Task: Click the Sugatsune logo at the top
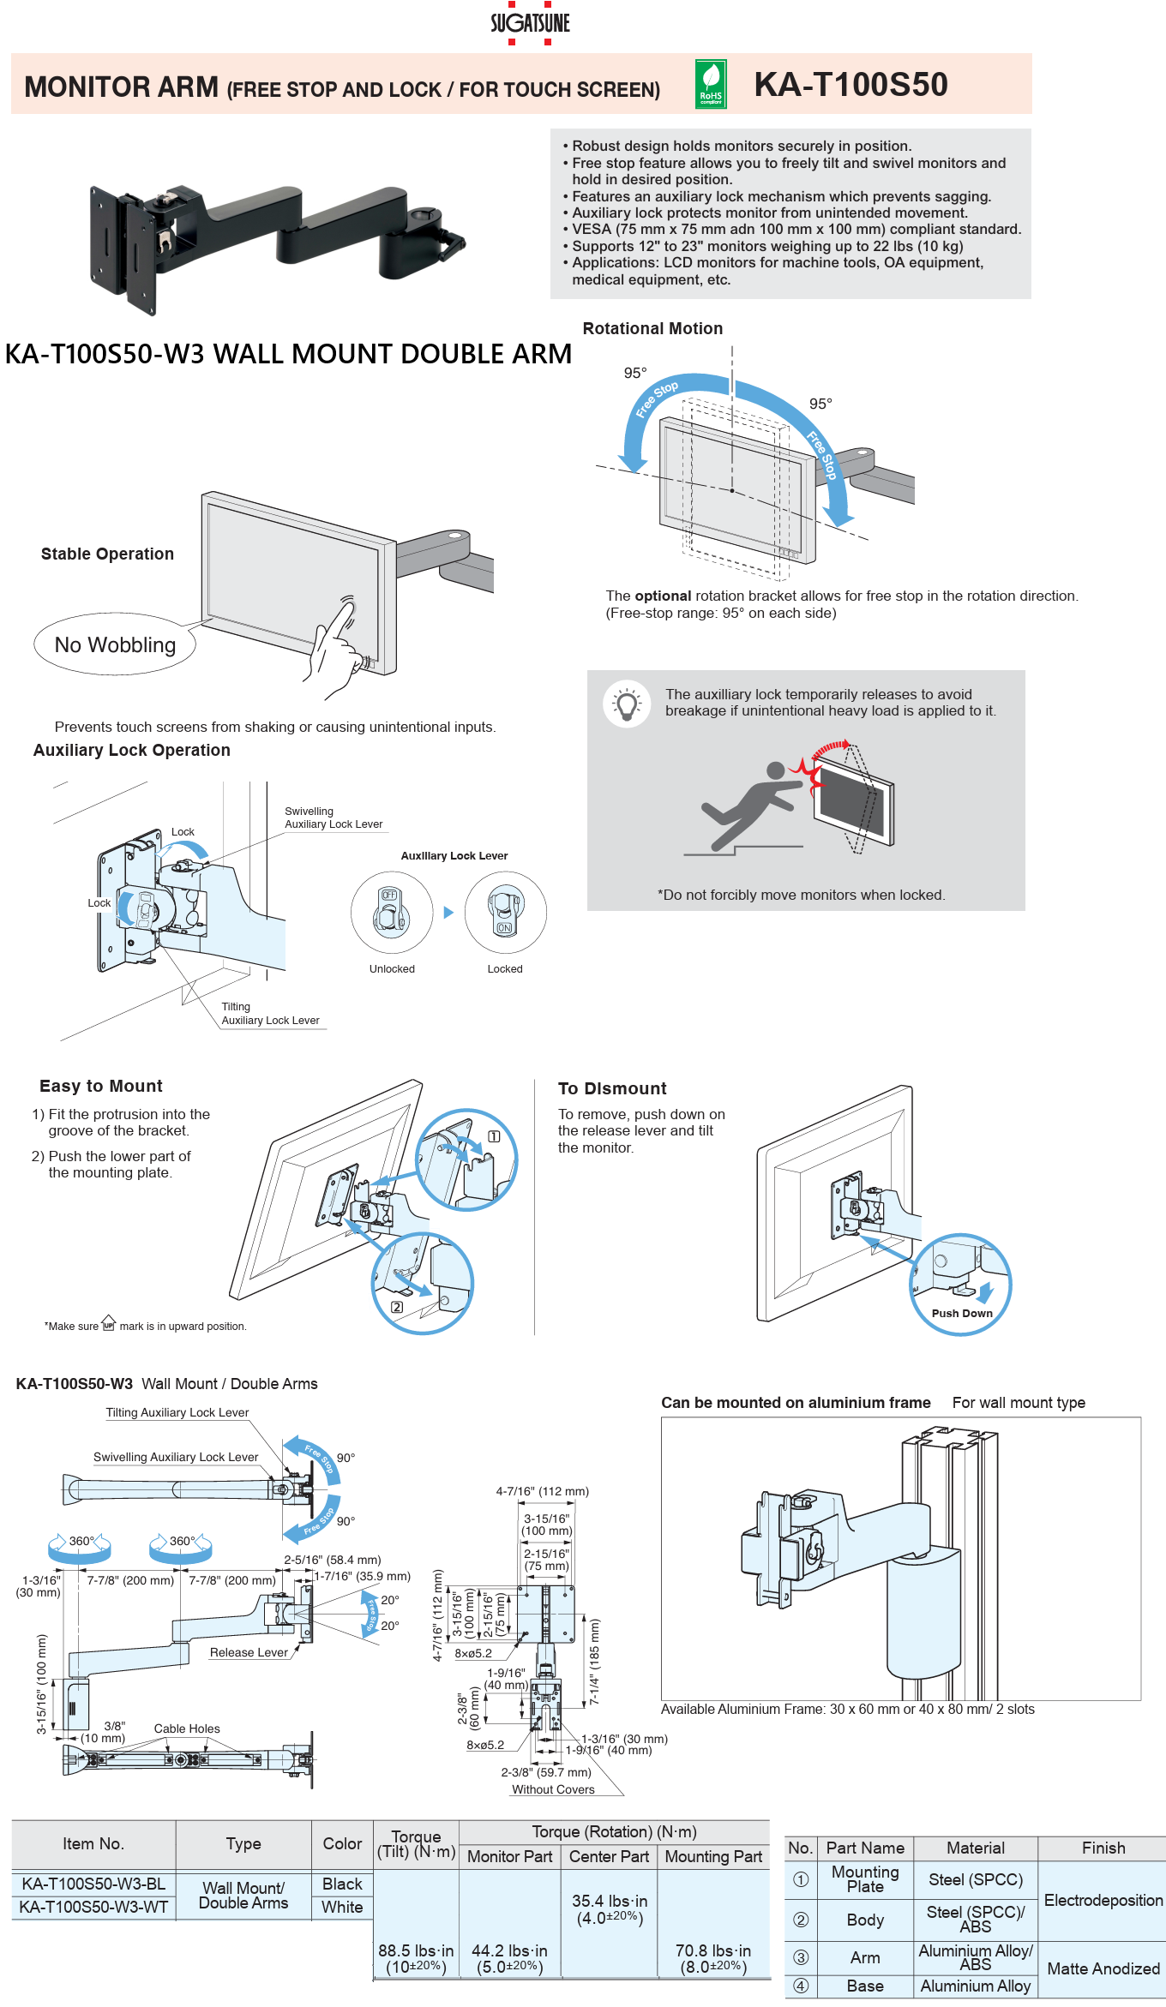(x=530, y=23)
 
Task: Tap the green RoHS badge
(x=711, y=84)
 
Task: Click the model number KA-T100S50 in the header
(x=850, y=84)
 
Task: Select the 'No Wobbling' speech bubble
(x=115, y=644)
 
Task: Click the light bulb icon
(x=627, y=704)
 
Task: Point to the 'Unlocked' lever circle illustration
(x=391, y=912)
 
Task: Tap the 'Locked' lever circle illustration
(x=505, y=912)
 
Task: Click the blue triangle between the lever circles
(x=448, y=913)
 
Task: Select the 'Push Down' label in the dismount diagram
(x=962, y=1313)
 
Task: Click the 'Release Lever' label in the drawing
(x=249, y=1652)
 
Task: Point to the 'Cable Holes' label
(x=187, y=1728)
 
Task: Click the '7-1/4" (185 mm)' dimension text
(x=594, y=1661)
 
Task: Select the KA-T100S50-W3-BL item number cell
(x=93, y=1884)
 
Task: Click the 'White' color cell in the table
(x=342, y=1907)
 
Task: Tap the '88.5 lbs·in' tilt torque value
(x=416, y=1950)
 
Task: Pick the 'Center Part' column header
(x=609, y=1856)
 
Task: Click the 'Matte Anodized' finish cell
(x=1103, y=1968)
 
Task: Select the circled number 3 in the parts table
(x=801, y=1957)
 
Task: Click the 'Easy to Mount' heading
(x=101, y=1086)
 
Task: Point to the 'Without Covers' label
(x=553, y=1789)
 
